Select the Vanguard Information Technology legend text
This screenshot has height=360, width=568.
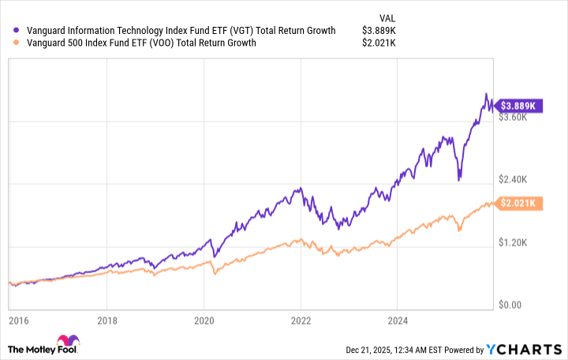click(x=181, y=31)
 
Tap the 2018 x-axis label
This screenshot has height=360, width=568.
click(x=107, y=321)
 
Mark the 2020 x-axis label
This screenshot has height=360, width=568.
click(x=204, y=321)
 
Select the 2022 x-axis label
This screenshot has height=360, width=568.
click(x=301, y=321)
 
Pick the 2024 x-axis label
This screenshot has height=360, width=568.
click(x=398, y=321)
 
